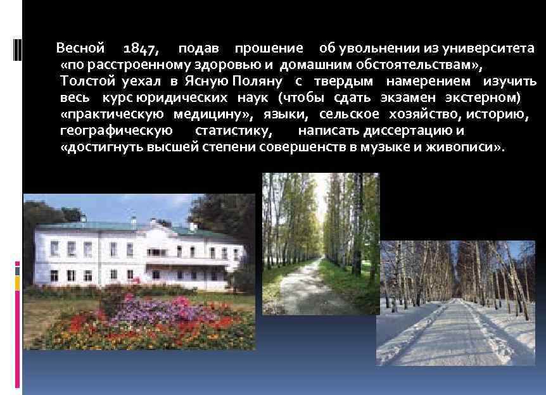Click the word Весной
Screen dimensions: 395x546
coord(80,49)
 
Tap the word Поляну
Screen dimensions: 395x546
coord(257,82)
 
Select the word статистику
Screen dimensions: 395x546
coord(234,131)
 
